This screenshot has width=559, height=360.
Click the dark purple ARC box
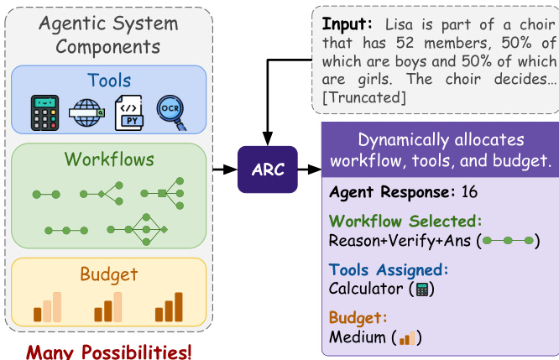pos(267,169)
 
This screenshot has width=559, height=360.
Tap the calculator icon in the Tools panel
pos(45,112)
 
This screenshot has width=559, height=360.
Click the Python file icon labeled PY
pos(129,113)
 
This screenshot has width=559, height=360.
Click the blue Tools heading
pos(109,81)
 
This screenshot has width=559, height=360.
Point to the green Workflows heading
pos(109,159)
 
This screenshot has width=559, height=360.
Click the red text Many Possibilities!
pos(107,350)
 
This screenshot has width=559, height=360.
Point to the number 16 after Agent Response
pos(468,191)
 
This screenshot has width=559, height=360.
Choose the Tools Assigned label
pos(388,269)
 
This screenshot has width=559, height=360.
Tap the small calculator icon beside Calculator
pos(422,290)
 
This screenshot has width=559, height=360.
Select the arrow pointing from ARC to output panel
pos(310,169)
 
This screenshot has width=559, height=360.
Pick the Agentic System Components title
pos(109,35)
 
